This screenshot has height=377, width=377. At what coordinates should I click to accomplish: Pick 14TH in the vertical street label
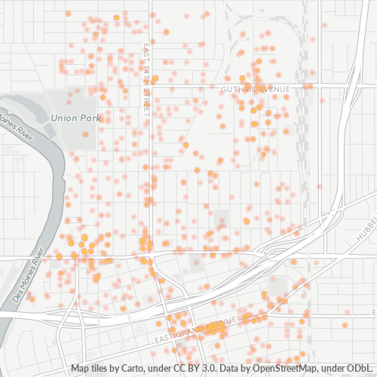pos(146,78)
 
